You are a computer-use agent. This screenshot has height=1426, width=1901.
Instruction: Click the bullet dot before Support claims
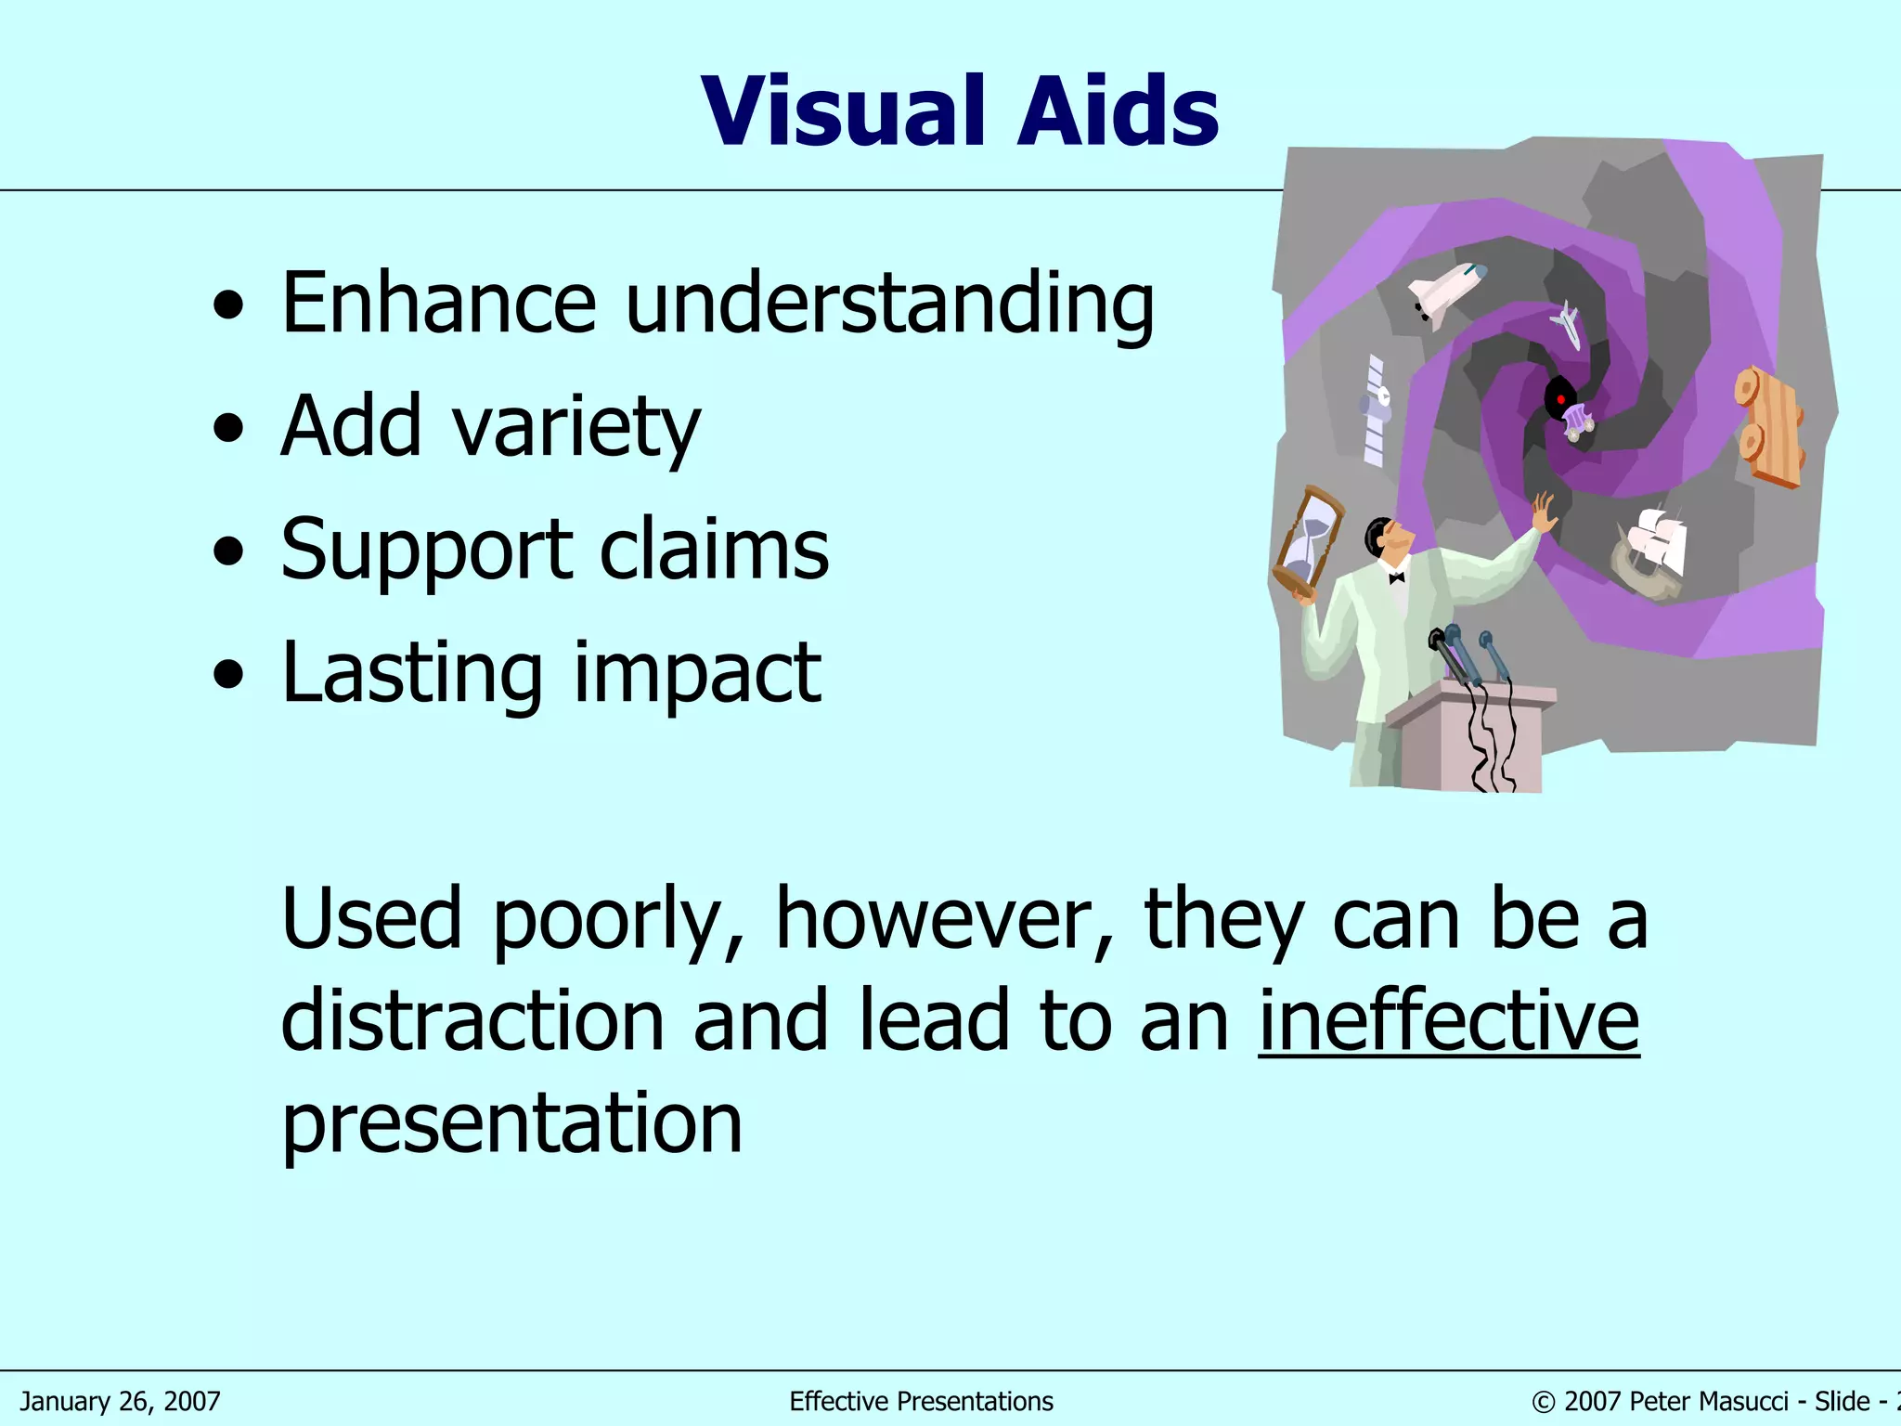click(228, 553)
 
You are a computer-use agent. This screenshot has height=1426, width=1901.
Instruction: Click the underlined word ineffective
click(1448, 1021)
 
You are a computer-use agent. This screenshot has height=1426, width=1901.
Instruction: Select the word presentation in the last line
click(511, 1123)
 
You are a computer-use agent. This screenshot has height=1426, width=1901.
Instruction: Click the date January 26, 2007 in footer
click(121, 1401)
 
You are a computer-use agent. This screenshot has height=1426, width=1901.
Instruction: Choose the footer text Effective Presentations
click(921, 1401)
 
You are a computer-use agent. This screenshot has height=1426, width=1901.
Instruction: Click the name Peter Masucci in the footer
click(1708, 1401)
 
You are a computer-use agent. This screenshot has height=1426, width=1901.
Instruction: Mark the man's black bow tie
click(1396, 577)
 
